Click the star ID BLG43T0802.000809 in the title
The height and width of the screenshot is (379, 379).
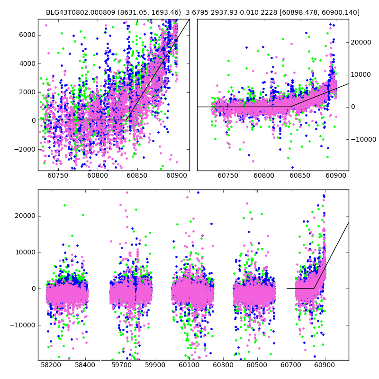click(x=78, y=12)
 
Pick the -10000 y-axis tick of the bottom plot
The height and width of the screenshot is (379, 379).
click(x=22, y=325)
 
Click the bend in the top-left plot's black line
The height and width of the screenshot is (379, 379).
click(x=127, y=120)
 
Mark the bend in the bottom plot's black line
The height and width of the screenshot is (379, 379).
click(x=314, y=288)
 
